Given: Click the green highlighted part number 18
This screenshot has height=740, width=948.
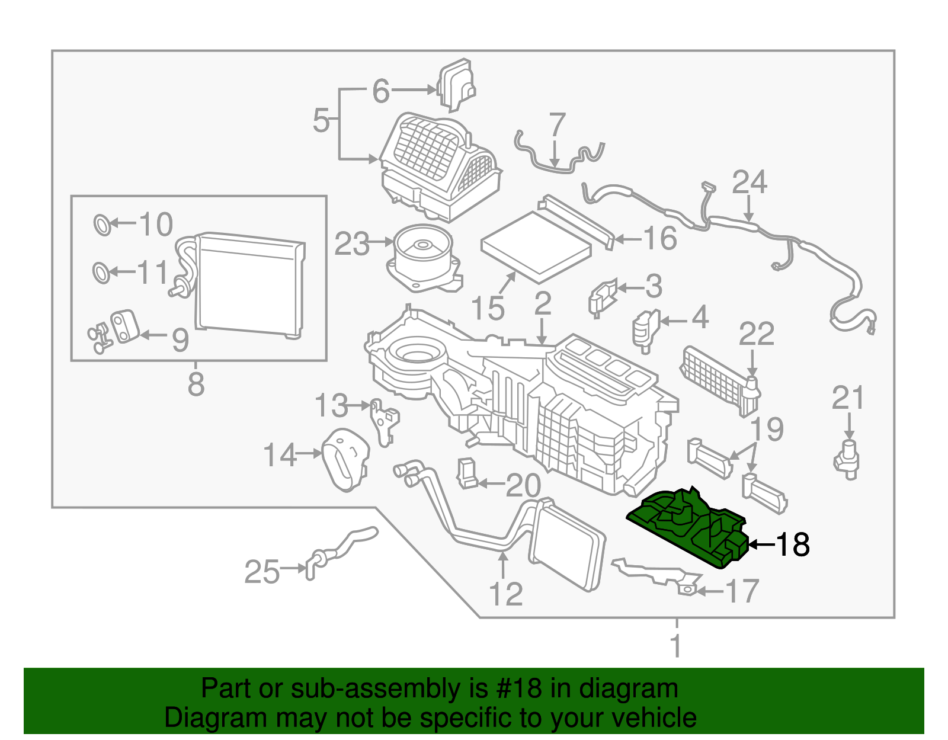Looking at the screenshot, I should click(687, 527).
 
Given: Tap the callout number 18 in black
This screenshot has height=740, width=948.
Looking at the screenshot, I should click(792, 544).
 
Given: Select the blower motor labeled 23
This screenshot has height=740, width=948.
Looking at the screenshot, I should click(422, 261).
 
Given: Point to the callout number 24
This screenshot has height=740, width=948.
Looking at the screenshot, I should click(749, 182).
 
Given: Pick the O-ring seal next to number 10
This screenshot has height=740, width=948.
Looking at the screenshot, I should click(102, 225).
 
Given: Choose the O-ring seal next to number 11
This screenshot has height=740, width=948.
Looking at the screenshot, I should click(101, 273).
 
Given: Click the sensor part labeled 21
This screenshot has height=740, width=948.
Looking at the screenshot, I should click(848, 460).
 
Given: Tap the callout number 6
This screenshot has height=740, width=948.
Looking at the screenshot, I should click(381, 91).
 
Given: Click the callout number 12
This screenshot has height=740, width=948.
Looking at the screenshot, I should click(505, 594).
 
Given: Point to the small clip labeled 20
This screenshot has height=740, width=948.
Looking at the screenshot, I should click(467, 473).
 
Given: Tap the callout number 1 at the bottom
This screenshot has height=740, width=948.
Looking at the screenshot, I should click(677, 646).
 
